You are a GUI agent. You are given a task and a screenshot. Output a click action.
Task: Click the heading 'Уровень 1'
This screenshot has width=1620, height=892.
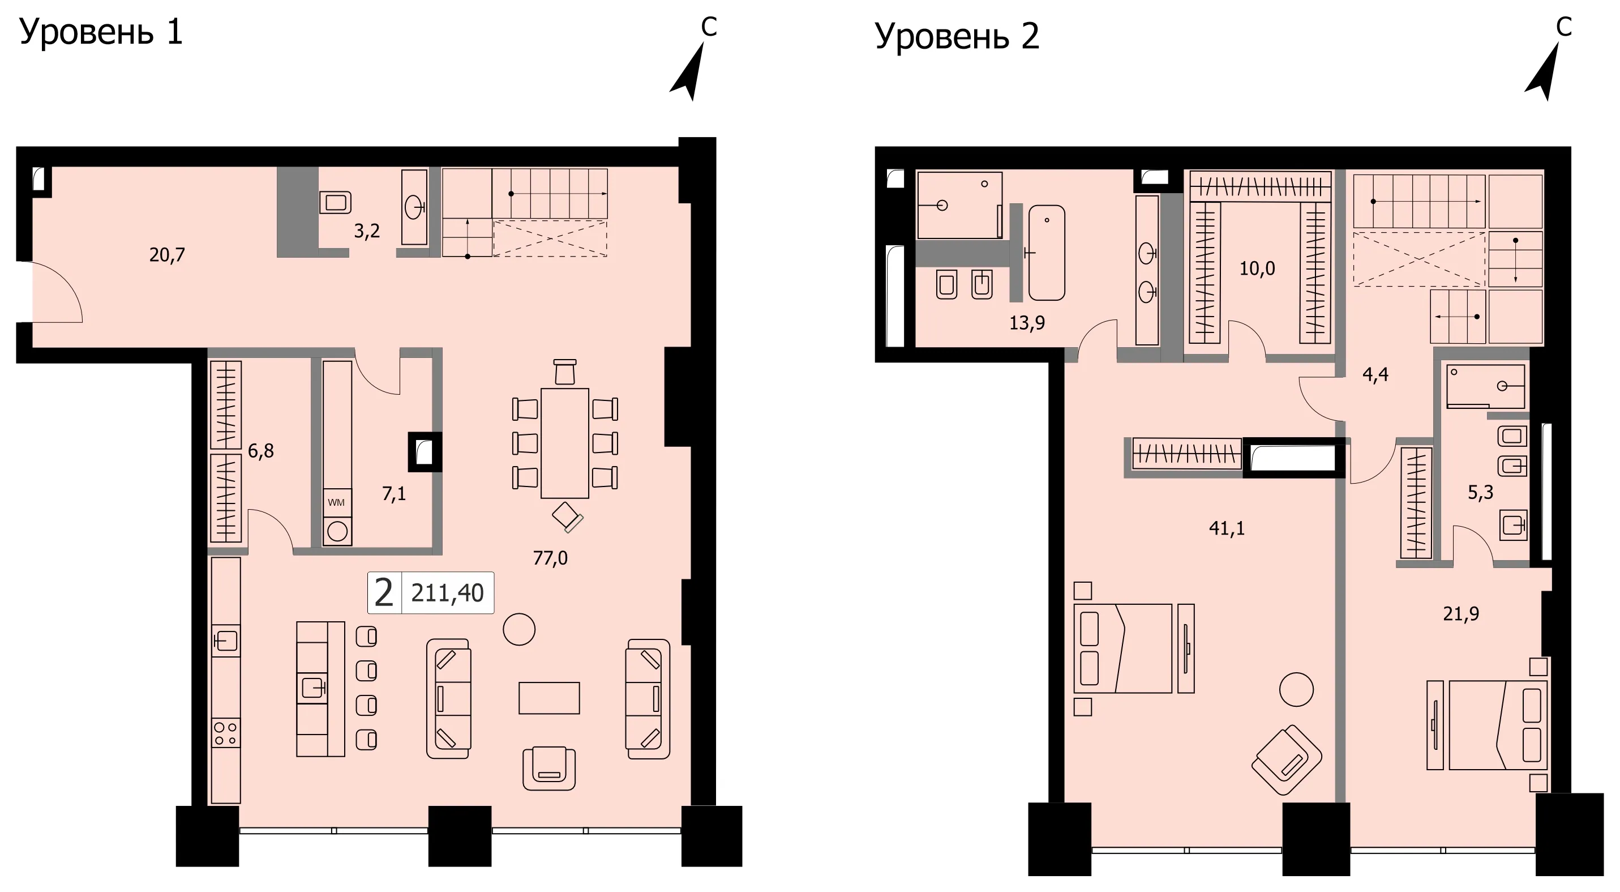tap(101, 32)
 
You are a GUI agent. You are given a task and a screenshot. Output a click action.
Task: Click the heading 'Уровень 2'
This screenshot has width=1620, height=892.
tap(957, 36)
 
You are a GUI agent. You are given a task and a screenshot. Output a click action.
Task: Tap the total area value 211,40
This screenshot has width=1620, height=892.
tap(447, 593)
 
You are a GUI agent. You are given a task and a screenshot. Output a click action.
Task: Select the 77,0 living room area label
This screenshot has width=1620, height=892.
tap(550, 558)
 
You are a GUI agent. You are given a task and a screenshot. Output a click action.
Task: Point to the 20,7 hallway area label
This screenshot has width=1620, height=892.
tap(168, 255)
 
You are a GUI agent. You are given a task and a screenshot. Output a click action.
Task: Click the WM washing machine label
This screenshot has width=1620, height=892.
tap(336, 502)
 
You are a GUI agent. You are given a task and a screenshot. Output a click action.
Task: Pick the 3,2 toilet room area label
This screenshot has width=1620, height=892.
tap(367, 231)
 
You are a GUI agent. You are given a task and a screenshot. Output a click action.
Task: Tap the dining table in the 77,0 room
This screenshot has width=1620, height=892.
tap(565, 443)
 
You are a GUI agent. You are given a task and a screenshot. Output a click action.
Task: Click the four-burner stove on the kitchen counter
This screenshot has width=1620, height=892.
tap(226, 733)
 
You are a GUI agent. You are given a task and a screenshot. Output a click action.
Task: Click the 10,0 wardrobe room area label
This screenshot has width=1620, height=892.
tap(1257, 268)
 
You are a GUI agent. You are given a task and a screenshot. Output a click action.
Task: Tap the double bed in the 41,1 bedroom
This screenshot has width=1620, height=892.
tap(1122, 648)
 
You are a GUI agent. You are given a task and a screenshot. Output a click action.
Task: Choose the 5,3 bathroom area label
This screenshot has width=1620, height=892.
tap(1480, 492)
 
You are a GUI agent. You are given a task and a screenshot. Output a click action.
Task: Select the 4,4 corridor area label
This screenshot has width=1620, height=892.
tap(1375, 375)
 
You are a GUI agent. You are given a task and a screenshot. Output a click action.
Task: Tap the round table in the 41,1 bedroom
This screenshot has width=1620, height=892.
tap(1296, 689)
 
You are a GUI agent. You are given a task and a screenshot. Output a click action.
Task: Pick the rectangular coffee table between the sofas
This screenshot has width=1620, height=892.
tap(549, 698)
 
